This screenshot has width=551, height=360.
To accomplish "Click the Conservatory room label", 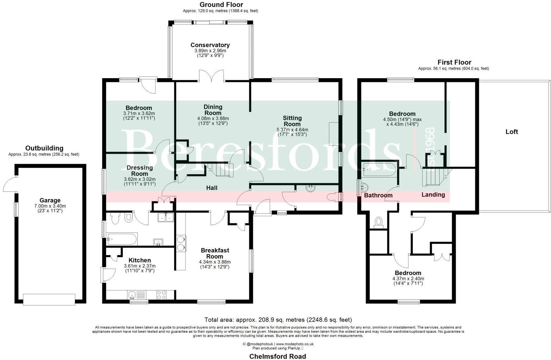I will pyautogui.click(x=210, y=45).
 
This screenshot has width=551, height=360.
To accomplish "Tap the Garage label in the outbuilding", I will pyautogui.click(x=50, y=200).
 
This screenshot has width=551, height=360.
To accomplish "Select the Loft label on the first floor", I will pyautogui.click(x=512, y=132).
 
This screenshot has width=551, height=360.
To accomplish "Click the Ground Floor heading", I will pyautogui.click(x=221, y=5).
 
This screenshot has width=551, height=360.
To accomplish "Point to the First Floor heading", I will pyautogui.click(x=454, y=62).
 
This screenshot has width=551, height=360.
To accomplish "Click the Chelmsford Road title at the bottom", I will pyautogui.click(x=278, y=356).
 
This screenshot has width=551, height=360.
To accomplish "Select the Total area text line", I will pyautogui.click(x=278, y=319).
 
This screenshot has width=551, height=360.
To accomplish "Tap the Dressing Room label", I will pyautogui.click(x=140, y=171).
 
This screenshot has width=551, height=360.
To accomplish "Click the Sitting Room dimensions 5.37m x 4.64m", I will pyautogui.click(x=292, y=130).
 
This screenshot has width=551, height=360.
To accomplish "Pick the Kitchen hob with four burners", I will pyautogui.click(x=161, y=295).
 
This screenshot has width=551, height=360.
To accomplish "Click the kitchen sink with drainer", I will pyautogui.click(x=136, y=295).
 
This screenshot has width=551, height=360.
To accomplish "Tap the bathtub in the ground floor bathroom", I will pyautogui.click(x=122, y=238).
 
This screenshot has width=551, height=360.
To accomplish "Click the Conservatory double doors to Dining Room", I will pyautogui.click(x=212, y=76).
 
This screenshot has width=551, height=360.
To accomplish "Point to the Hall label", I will pyautogui.click(x=212, y=188).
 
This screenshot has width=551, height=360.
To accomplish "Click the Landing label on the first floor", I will pyautogui.click(x=433, y=195).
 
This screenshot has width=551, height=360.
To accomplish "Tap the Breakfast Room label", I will pyautogui.click(x=215, y=253).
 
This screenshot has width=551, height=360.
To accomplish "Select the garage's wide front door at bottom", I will pyautogui.click(x=49, y=299).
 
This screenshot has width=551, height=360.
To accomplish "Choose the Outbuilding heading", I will pyautogui.click(x=44, y=148).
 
